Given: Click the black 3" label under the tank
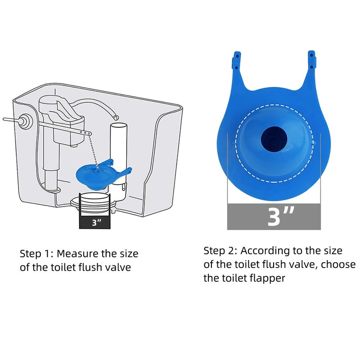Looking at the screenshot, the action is pyautogui.click(x=94, y=222).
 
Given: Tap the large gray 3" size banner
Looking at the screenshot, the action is pyautogui.click(x=274, y=216).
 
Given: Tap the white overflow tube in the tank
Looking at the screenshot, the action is pyautogui.click(x=118, y=152).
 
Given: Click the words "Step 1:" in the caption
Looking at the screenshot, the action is pyautogui.click(x=36, y=254).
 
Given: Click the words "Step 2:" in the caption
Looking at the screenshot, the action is pyautogui.click(x=220, y=251).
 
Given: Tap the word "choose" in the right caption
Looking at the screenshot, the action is pyautogui.click(x=338, y=265).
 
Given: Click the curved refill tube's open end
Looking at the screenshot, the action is pyautogui.click(x=117, y=118).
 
